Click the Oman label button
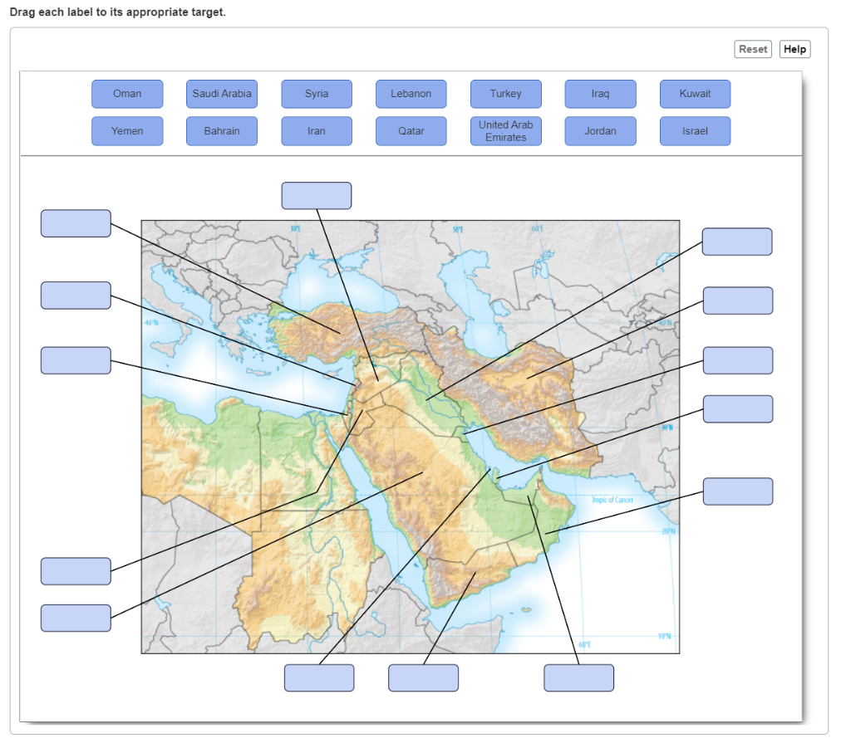tap(127, 94)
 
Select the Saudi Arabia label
tap(222, 94)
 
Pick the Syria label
tap(317, 94)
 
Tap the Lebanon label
tap(411, 94)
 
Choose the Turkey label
tap(506, 94)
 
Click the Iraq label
tap(601, 94)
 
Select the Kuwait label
tap(696, 94)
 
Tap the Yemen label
tap(127, 131)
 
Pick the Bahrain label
tap(222, 131)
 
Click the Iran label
tap(317, 131)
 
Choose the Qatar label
tap(411, 131)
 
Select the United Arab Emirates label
tap(506, 131)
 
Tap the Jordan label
tap(601, 131)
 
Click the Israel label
tap(696, 131)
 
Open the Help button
tap(794, 50)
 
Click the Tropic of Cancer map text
tap(612, 500)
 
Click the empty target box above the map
tap(317, 196)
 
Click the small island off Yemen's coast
tap(526, 611)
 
